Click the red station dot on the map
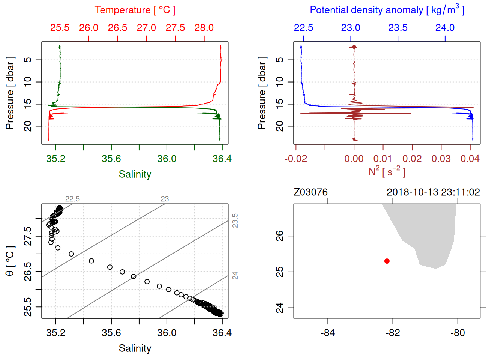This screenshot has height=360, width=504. click(x=387, y=261)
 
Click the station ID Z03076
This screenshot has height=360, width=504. click(x=310, y=192)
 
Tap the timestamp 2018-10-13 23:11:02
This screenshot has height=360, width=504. click(x=433, y=192)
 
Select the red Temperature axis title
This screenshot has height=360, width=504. click(x=135, y=10)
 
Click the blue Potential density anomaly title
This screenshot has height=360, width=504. click(x=387, y=10)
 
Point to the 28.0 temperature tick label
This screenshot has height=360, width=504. click(x=204, y=28)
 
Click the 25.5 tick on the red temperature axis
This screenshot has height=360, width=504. click(x=60, y=28)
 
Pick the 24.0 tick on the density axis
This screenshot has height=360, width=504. click(x=445, y=28)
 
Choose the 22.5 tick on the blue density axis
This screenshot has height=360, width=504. click(x=303, y=28)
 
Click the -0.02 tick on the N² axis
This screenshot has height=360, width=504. click(x=296, y=159)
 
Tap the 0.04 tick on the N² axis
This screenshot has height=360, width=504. click(x=470, y=159)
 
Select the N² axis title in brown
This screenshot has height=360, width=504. click(x=387, y=171)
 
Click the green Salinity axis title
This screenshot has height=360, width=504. click(x=135, y=174)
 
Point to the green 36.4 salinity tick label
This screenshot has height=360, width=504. click(x=222, y=159)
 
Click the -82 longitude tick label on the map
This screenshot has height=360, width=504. click(x=393, y=333)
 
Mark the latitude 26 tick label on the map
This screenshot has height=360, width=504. click(x=280, y=236)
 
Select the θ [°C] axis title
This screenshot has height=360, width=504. click(x=10, y=261)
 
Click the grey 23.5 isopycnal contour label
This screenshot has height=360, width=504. click(x=235, y=220)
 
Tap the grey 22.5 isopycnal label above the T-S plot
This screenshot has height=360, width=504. click(x=72, y=199)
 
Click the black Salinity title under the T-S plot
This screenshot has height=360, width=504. click(x=135, y=348)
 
